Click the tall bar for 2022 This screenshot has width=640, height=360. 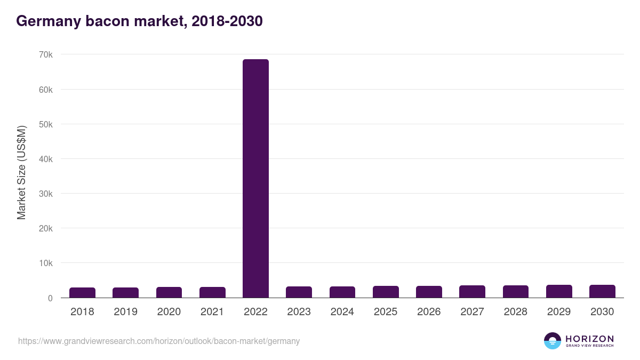pyautogui.click(x=255, y=178)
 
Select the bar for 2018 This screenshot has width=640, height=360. pyautogui.click(x=82, y=293)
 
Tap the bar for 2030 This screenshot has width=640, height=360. pyautogui.click(x=602, y=291)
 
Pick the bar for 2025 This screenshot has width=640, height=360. pyautogui.click(x=386, y=292)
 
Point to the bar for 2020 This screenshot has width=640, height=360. pyautogui.click(x=169, y=292)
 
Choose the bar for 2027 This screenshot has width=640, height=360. pyautogui.click(x=472, y=292)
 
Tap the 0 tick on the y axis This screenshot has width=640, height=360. pyautogui.click(x=50, y=298)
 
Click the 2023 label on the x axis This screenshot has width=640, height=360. pyautogui.click(x=299, y=312)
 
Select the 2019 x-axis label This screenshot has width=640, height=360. pyautogui.click(x=125, y=312)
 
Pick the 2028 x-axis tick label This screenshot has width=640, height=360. pyautogui.click(x=515, y=312)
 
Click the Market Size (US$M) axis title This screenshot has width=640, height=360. pyautogui.click(x=22, y=173)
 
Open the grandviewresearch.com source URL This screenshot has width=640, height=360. pyautogui.click(x=159, y=341)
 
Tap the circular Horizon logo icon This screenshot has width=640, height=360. pyautogui.click(x=552, y=341)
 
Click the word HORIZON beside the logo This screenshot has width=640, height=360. pyautogui.click(x=589, y=338)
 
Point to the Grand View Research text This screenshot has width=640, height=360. pyautogui.click(x=589, y=346)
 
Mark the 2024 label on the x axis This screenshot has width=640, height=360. pyautogui.click(x=342, y=312)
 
